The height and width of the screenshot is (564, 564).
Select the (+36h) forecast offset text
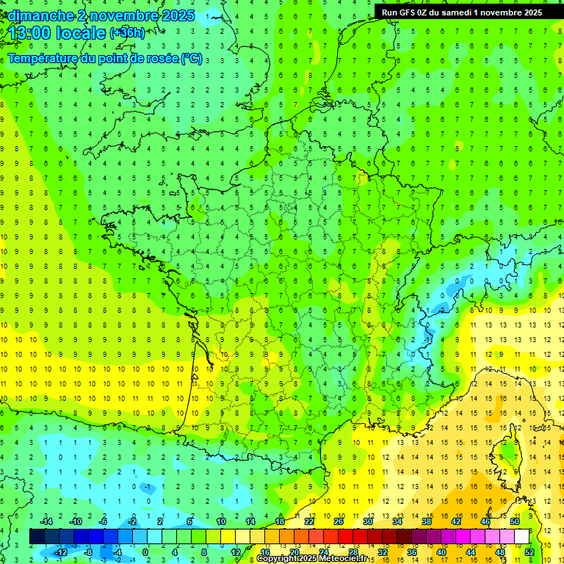coord(127,33)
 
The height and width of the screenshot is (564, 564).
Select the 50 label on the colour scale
coord(514,521)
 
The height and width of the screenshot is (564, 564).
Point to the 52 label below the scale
coord(529,552)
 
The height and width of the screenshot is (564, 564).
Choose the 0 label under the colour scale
coord(145,552)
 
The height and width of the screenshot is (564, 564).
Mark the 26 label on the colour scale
coord(339,521)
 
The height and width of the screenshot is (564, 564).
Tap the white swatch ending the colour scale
coord(521,537)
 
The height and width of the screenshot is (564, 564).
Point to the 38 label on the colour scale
coord(426,521)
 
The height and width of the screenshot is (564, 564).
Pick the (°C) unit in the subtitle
coord(192,59)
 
